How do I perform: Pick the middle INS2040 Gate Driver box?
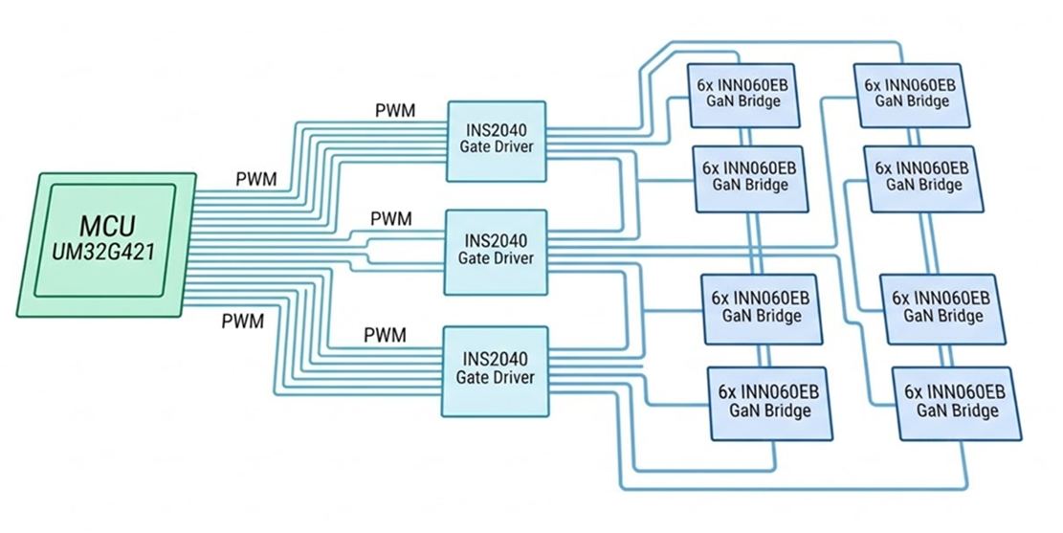496,251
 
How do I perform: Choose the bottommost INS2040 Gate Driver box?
496,369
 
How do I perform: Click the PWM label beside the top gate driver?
395,109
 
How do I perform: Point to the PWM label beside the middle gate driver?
391,219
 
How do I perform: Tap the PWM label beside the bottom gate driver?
386,335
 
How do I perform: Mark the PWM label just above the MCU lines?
256,178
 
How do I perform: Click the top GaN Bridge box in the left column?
743,93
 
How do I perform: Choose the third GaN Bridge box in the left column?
761,307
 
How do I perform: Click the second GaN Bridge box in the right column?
921,178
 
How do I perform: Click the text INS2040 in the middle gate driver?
496,241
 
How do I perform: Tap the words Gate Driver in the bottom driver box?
496,378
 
